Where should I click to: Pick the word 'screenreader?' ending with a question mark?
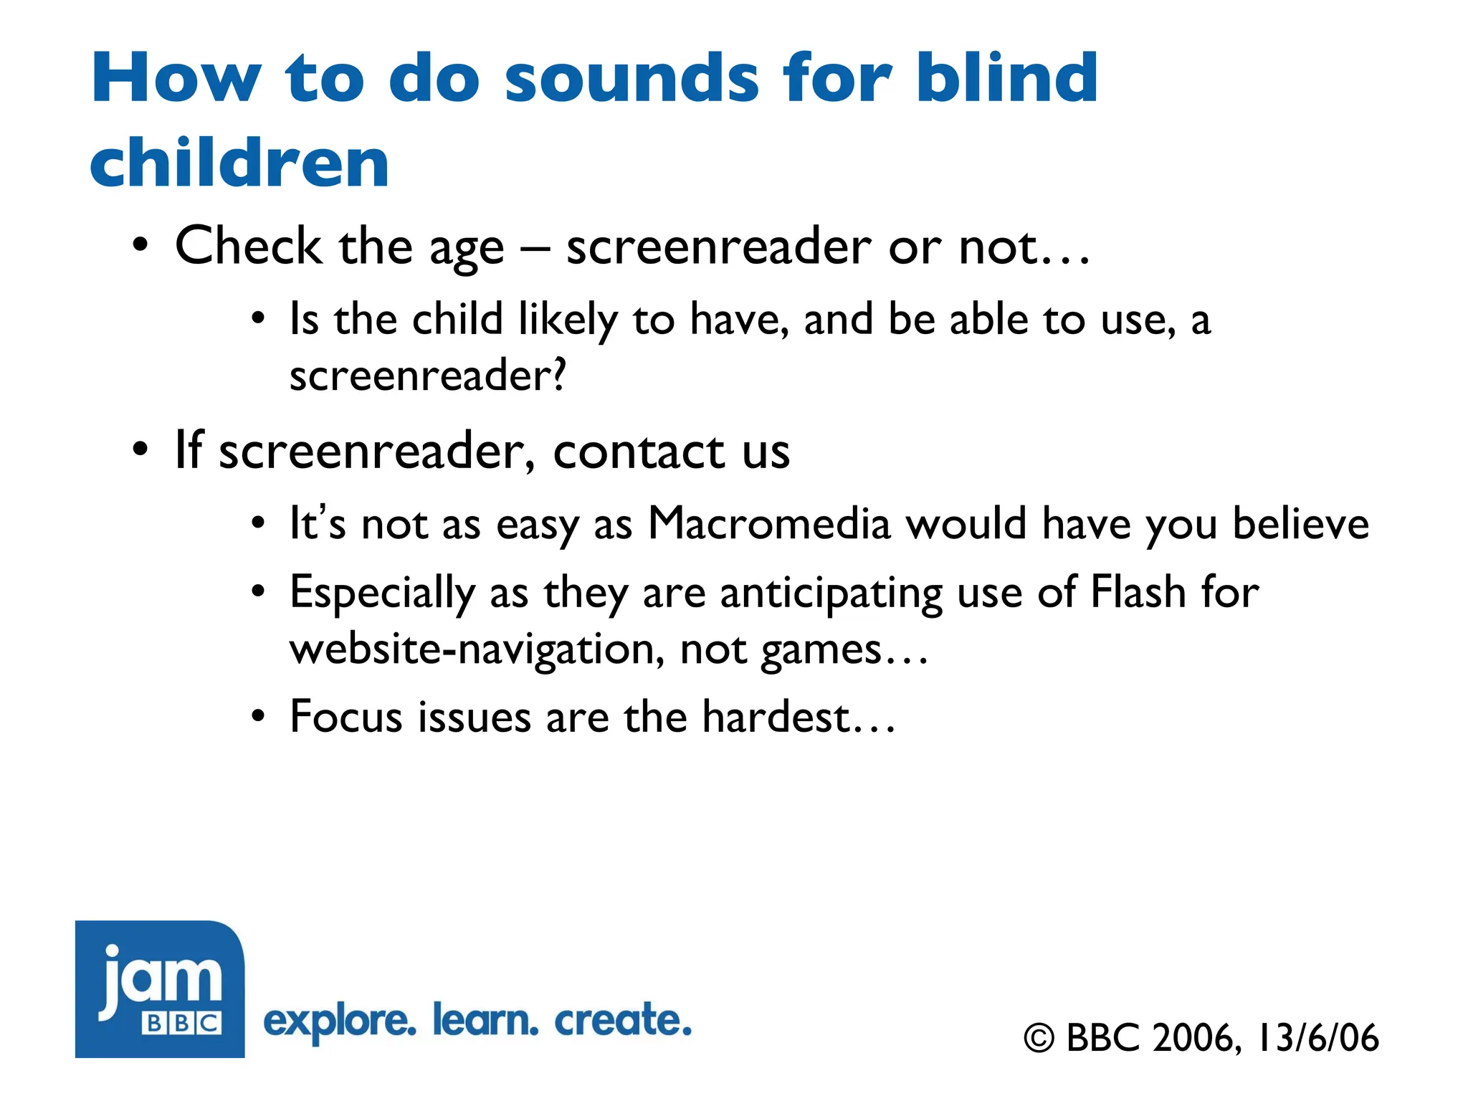(428, 375)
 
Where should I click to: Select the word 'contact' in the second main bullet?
(639, 452)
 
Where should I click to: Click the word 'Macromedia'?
(769, 523)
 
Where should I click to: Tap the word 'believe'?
(1300, 523)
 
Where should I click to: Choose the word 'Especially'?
(382, 594)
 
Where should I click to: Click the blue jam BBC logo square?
(160, 988)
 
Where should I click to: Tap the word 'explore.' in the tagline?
(340, 1021)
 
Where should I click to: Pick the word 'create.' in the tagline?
(623, 1020)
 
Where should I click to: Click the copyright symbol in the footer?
(1039, 1039)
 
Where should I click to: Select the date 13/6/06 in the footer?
(1317, 1038)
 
